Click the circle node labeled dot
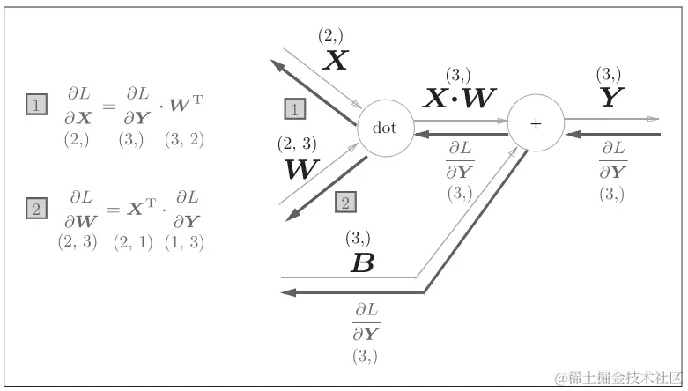click(385, 129)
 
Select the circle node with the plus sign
click(536, 122)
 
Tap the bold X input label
click(336, 60)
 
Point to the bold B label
click(362, 262)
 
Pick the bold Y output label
click(611, 97)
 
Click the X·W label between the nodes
click(459, 99)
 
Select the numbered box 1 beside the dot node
click(295, 108)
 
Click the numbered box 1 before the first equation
click(35, 107)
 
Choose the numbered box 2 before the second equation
click(35, 209)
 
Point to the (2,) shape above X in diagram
click(332, 36)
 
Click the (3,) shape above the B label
click(358, 238)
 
